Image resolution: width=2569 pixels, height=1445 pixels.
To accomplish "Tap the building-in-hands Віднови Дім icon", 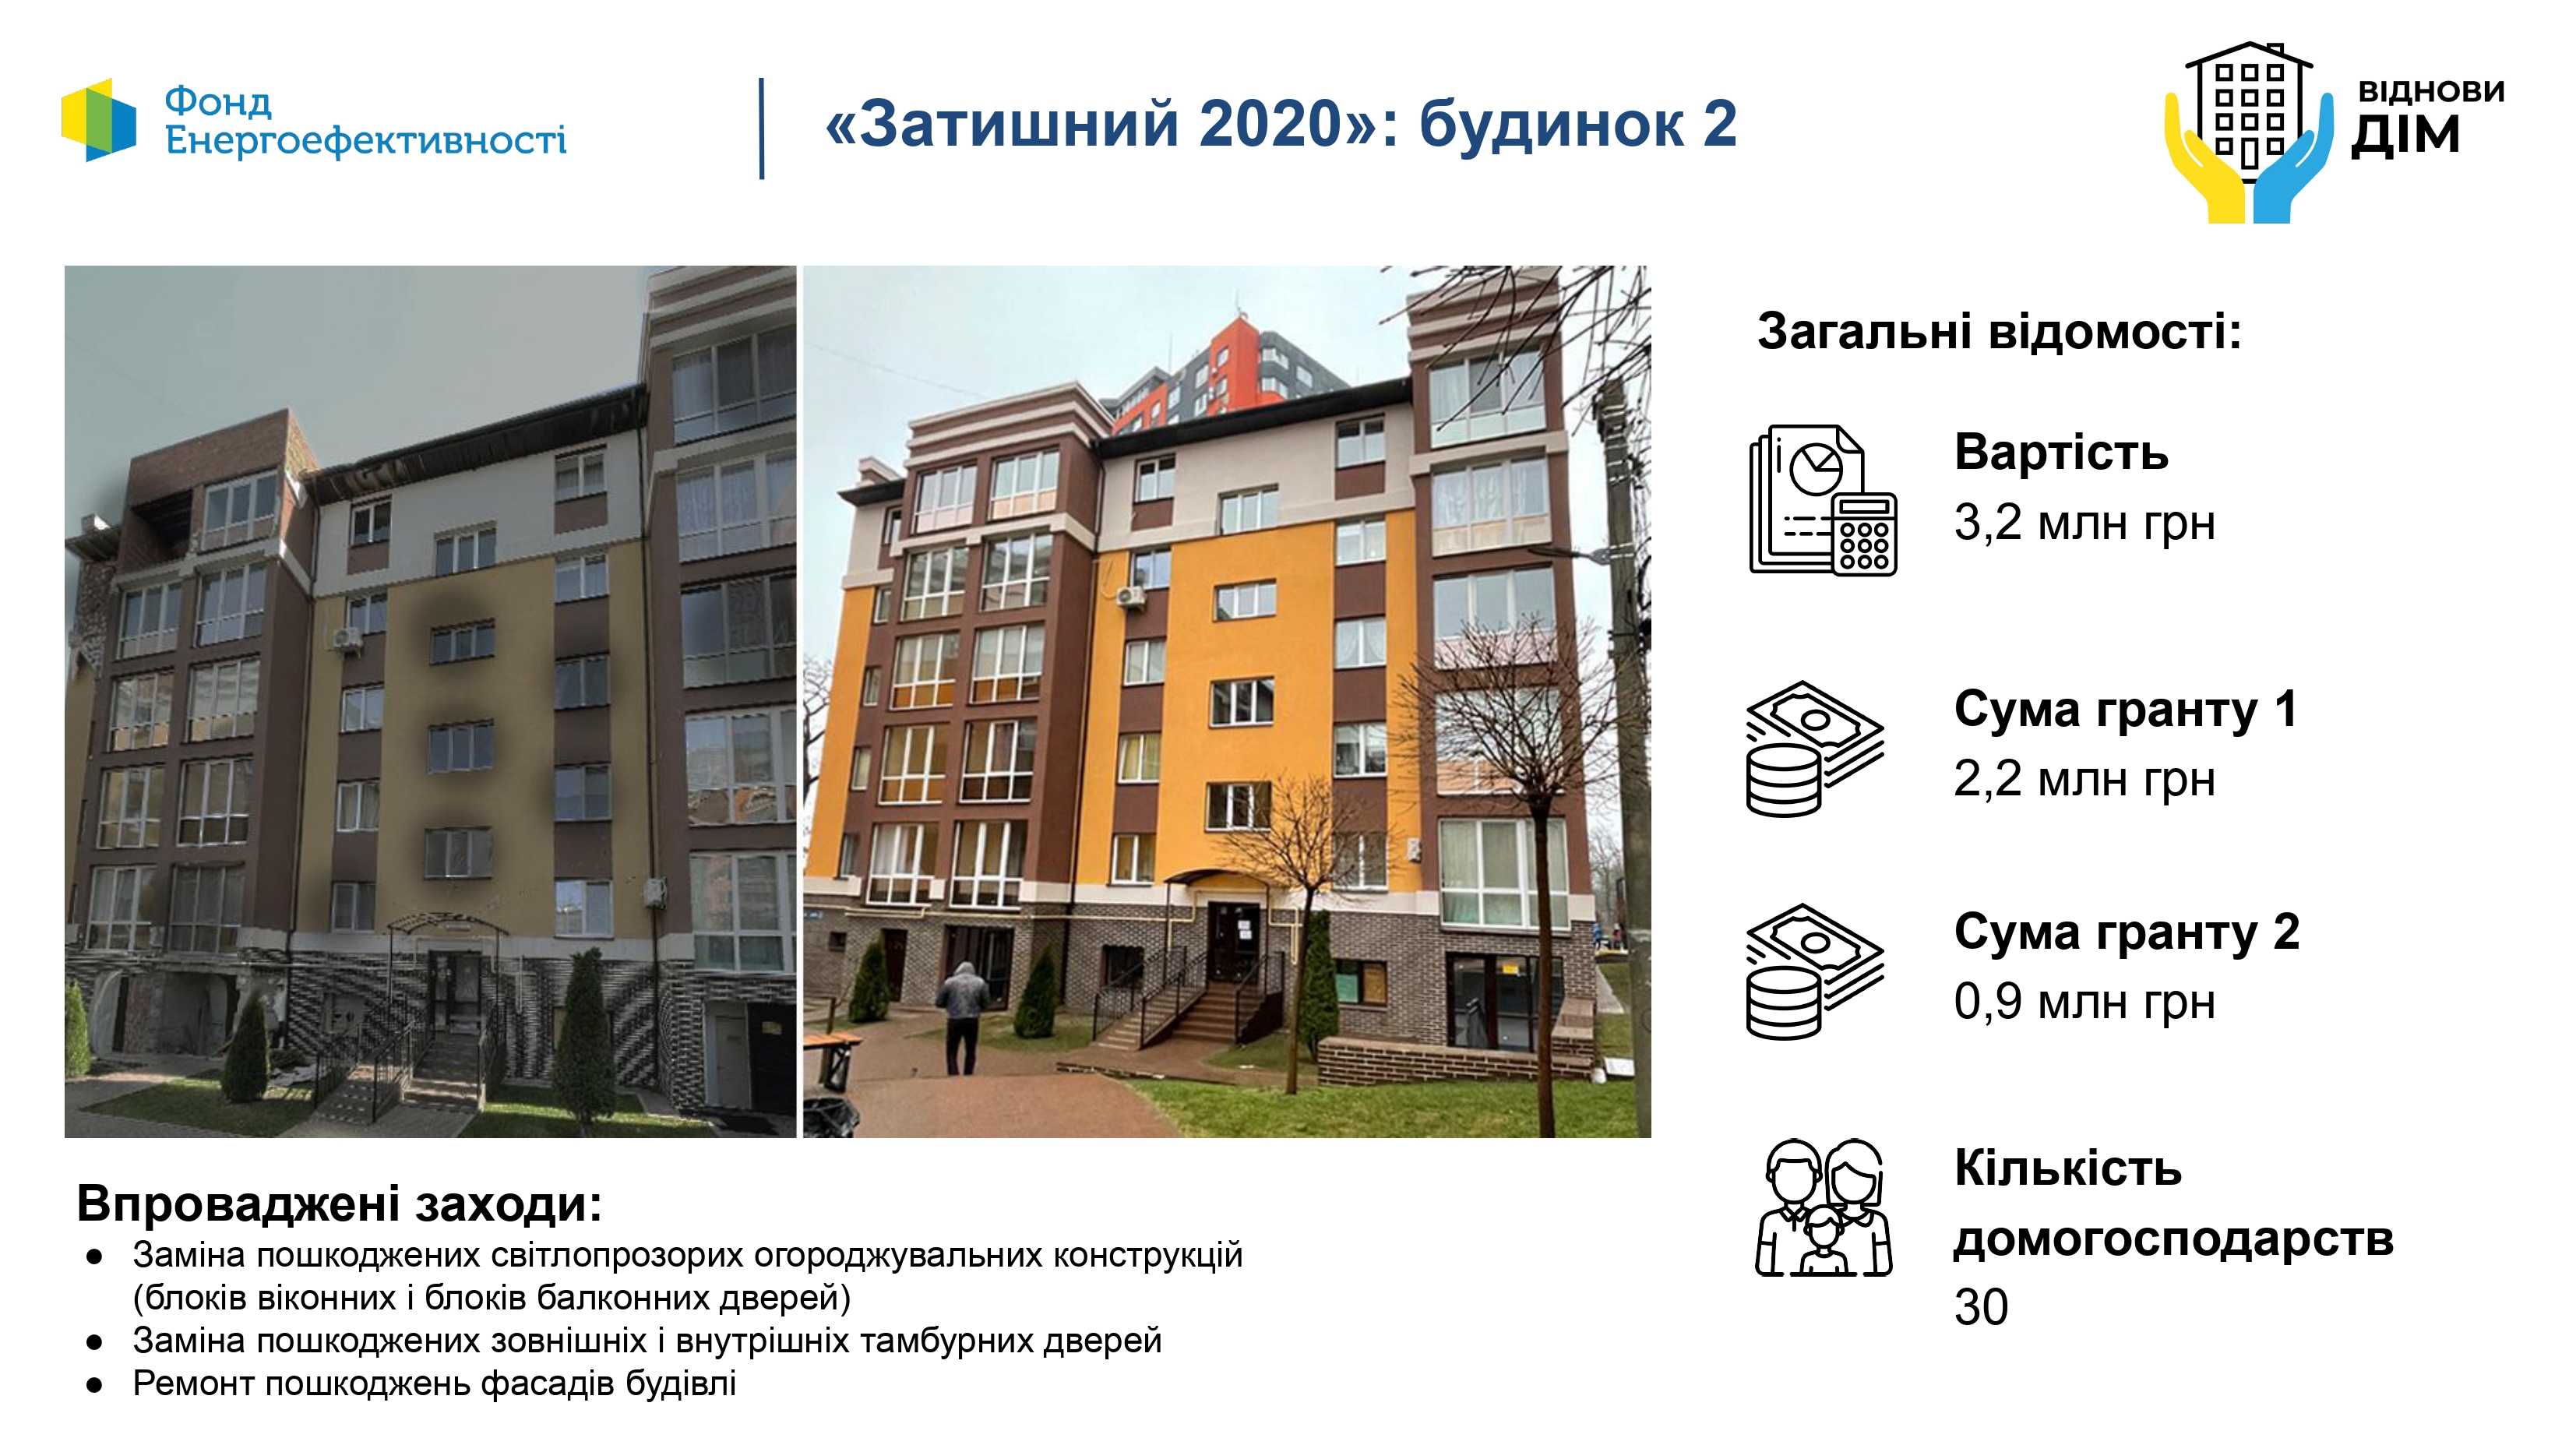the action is coord(2249,132).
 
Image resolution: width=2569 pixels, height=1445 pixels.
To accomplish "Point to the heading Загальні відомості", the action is coord(2000,331).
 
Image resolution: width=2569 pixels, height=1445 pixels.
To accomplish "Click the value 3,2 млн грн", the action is coord(2084,523).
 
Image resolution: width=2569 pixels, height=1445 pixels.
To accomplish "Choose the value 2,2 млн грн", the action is coord(2084,779).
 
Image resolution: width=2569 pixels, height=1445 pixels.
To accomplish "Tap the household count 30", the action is coord(1982,1306).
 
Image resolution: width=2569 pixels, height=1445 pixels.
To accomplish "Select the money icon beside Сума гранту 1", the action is coord(1815,748).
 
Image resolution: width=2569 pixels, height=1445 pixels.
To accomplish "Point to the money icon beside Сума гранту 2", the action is coord(1815,971).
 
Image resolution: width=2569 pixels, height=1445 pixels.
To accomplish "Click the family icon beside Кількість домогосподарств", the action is coord(1823,1207).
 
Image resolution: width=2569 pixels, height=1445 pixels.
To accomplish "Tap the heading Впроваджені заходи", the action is coord(339,1204).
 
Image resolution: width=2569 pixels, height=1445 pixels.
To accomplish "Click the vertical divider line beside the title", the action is coord(762,129).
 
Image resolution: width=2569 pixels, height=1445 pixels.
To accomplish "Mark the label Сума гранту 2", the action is coord(2127,932).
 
